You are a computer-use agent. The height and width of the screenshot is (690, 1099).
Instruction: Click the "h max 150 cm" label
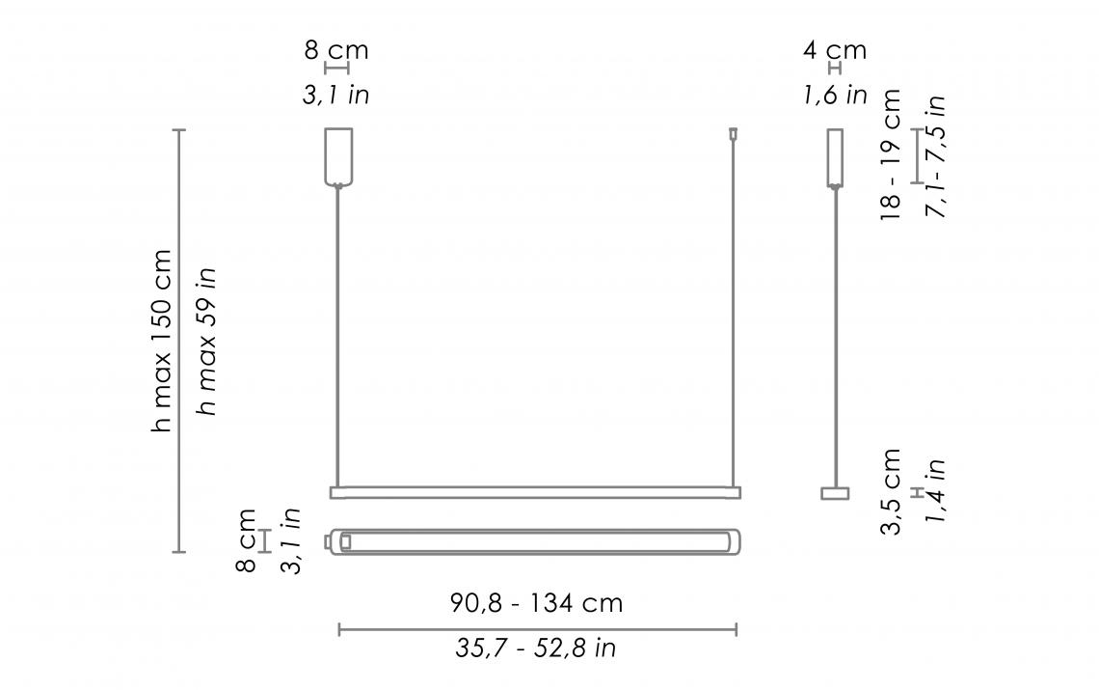click(x=162, y=341)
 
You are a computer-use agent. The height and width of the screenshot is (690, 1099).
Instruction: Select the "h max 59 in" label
click(x=206, y=341)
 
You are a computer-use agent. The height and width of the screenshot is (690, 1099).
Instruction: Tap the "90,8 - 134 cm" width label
click(x=536, y=603)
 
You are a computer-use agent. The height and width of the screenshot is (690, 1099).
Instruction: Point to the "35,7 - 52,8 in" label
click(x=536, y=648)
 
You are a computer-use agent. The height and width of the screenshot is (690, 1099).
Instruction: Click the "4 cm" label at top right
click(x=835, y=50)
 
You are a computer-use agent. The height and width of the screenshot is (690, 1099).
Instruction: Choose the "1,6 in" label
click(x=835, y=95)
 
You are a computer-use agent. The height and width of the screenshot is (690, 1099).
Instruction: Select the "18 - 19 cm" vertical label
click(x=890, y=155)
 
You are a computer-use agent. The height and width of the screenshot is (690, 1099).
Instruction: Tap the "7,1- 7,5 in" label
click(x=936, y=156)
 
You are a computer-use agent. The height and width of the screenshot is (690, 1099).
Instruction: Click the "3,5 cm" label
click(x=890, y=491)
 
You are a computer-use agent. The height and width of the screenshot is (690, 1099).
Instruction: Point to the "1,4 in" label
click(x=935, y=491)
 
